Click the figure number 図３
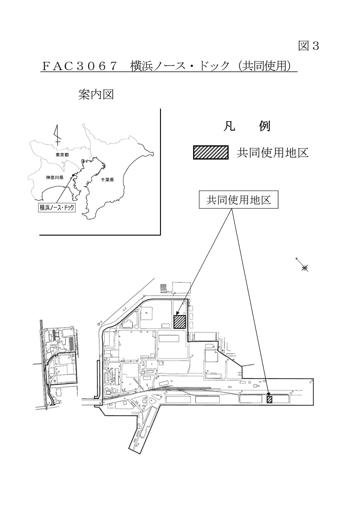(309, 46)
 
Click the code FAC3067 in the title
(80, 66)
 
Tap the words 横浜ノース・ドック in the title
(180, 66)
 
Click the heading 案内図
(96, 94)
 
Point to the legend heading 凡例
(247, 126)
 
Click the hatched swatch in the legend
(211, 152)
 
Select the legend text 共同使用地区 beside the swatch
(273, 153)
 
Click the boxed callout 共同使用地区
(238, 200)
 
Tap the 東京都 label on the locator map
(62, 155)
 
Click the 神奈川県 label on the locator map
(55, 178)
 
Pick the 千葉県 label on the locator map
(107, 180)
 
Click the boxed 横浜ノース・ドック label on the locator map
(57, 208)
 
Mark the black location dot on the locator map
(73, 175)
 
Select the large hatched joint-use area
(180, 321)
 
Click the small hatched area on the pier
(269, 399)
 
